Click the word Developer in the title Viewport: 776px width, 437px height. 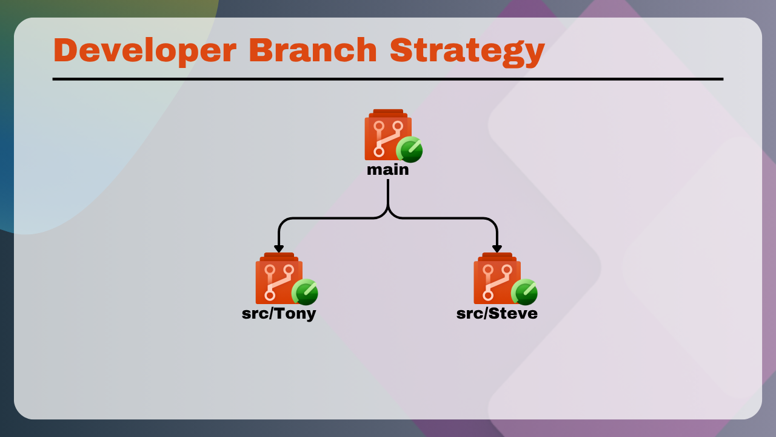point(145,50)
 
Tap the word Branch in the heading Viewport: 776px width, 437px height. point(313,50)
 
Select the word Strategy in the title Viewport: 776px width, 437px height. point(467,52)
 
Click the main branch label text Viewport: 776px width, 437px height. point(388,170)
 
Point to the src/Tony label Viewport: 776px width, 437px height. point(279,314)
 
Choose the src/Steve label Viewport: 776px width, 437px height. point(497,314)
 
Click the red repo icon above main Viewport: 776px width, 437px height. point(388,135)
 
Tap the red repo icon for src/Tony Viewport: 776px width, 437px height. point(279,279)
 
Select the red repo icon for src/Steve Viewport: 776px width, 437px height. point(497,279)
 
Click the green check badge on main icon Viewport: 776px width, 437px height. point(409,149)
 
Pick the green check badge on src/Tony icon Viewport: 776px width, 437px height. point(305,292)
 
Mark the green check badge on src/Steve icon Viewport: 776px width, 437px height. point(524,292)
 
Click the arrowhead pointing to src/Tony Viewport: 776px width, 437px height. point(279,249)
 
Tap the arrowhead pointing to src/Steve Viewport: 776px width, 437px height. point(497,249)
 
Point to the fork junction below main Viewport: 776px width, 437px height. point(388,211)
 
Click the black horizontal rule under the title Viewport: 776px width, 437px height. point(388,80)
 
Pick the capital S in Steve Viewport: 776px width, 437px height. point(494,314)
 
